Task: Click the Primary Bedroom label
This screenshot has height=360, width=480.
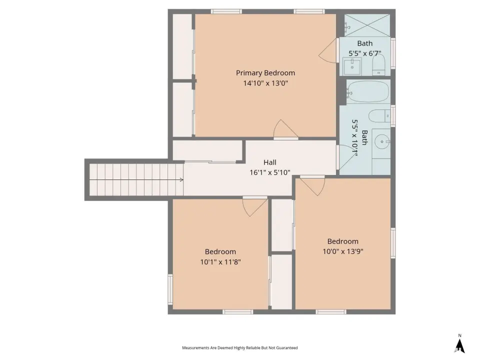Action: (x=265, y=73)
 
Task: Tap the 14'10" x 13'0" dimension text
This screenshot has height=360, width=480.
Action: (x=265, y=83)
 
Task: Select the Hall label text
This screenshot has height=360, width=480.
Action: (x=269, y=162)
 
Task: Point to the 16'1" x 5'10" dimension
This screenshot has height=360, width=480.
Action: (x=269, y=172)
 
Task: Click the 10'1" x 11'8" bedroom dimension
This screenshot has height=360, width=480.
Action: (x=220, y=261)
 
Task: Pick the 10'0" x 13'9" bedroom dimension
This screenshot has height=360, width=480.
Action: (x=343, y=251)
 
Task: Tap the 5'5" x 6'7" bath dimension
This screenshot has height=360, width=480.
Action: (x=364, y=53)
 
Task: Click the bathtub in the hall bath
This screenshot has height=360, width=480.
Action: (x=368, y=91)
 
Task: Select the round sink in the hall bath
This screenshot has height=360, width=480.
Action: (x=382, y=141)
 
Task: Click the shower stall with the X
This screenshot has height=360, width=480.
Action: (x=367, y=25)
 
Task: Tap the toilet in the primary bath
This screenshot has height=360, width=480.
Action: (x=378, y=65)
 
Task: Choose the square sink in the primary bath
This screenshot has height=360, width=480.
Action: (x=352, y=66)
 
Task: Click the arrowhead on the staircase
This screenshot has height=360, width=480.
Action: (x=182, y=179)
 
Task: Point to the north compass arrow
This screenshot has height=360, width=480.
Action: (x=459, y=346)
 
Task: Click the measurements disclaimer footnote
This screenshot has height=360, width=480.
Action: (x=239, y=348)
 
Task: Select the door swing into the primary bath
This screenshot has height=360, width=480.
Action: (x=328, y=50)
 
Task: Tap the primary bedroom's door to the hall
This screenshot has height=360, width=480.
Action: (x=285, y=129)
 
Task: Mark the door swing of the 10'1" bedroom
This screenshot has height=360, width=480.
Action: (x=254, y=207)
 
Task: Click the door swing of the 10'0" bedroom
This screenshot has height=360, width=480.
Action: (x=312, y=186)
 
